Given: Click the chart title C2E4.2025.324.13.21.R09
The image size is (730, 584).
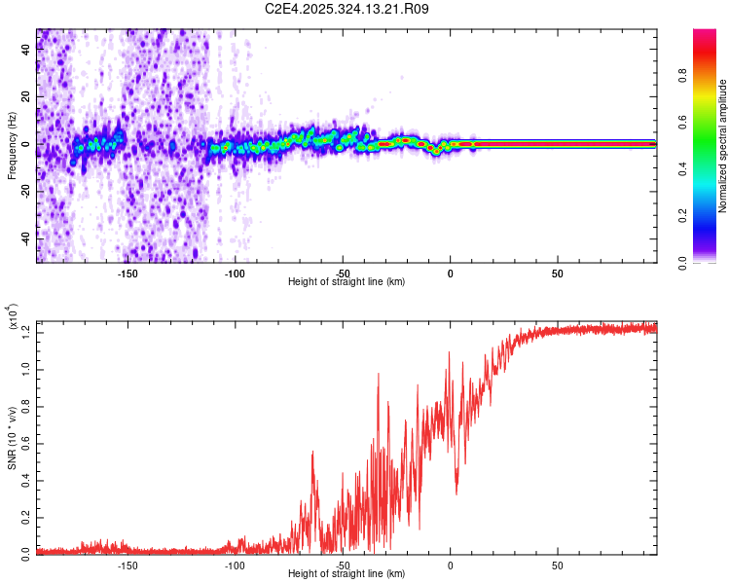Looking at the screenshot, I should pyautogui.click(x=347, y=9).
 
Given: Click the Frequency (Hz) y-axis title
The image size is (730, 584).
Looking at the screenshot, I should pyautogui.click(x=12, y=146).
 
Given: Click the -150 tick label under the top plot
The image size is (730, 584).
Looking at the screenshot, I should pyautogui.click(x=128, y=274).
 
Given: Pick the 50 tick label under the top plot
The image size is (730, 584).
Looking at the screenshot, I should pyautogui.click(x=557, y=274).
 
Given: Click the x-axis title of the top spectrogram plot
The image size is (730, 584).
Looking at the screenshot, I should pyautogui.click(x=347, y=281).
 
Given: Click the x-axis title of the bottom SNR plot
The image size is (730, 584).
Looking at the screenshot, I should pyautogui.click(x=347, y=573).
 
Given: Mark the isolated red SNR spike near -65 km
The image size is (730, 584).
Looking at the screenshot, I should pyautogui.click(x=312, y=454).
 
